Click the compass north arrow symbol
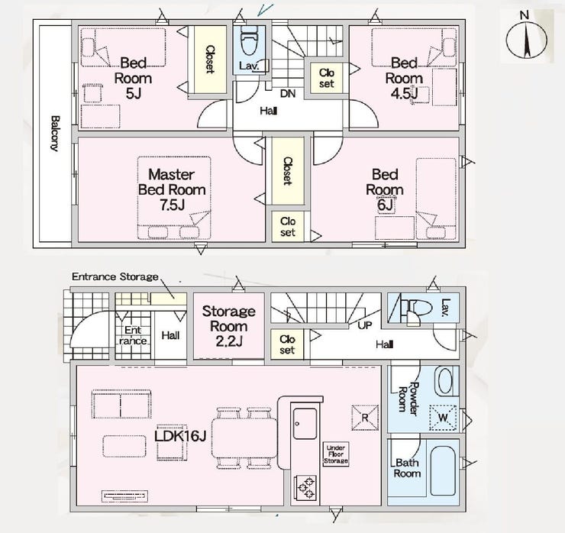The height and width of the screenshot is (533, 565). [x=527, y=40]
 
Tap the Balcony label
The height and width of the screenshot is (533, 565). [x=55, y=134]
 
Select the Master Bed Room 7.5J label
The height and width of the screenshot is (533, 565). [x=172, y=189]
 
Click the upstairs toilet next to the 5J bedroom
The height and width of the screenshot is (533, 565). [x=249, y=40]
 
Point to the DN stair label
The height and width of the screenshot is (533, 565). [x=288, y=93]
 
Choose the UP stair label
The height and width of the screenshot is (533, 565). [x=365, y=325]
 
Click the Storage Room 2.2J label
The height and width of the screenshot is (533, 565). [x=229, y=326]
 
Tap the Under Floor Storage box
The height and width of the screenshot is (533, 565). [x=336, y=454]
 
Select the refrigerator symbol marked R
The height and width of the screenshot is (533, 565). [x=365, y=418]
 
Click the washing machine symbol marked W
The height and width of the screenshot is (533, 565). [x=443, y=418]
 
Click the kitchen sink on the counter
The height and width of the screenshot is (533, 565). [x=305, y=423]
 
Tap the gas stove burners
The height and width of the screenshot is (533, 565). [x=305, y=488]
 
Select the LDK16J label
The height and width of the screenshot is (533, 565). [x=180, y=436]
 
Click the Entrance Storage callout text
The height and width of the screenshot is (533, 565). [x=115, y=276]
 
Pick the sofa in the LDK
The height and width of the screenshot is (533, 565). [x=121, y=404]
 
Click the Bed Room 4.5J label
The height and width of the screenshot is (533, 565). [x=404, y=78]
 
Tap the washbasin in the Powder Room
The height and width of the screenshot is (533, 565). [x=447, y=381]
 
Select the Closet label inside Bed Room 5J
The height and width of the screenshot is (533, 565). [x=210, y=60]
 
